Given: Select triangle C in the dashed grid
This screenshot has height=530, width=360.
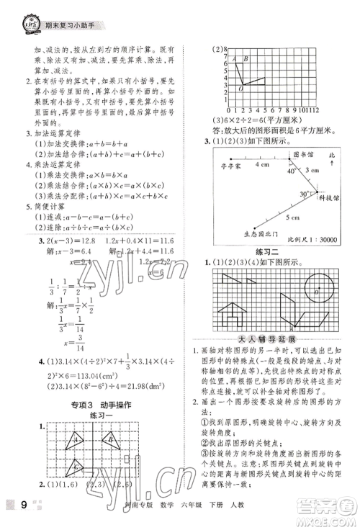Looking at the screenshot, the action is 76,467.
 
